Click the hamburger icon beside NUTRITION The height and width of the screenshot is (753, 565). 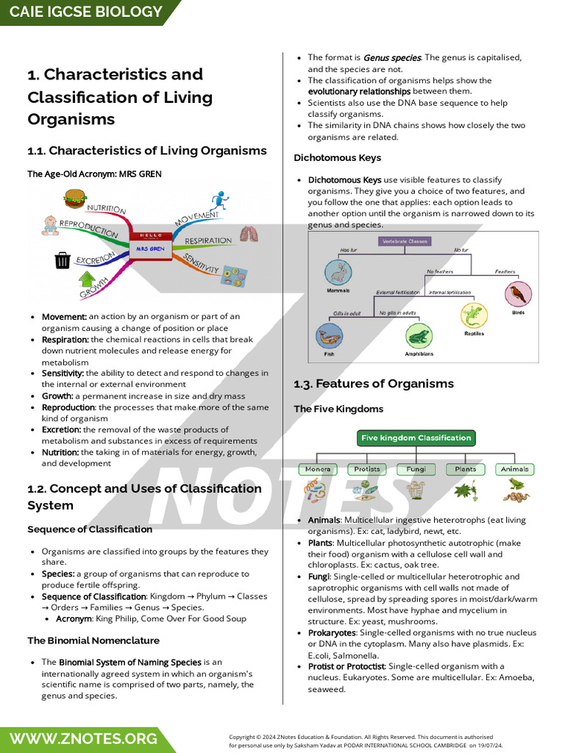[x=74, y=198]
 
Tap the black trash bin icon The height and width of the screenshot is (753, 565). [x=63, y=260]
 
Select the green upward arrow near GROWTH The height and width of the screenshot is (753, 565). [x=87, y=279]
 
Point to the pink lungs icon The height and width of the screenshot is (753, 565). [x=249, y=235]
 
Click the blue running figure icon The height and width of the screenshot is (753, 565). [x=218, y=200]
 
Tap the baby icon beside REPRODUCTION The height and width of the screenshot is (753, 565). [x=50, y=225]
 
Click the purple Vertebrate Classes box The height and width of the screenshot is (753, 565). [x=405, y=241]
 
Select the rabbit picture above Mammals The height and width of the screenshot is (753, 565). [x=338, y=274]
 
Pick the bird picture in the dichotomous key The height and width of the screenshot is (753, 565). [x=518, y=295]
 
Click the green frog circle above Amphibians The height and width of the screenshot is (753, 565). [x=419, y=336]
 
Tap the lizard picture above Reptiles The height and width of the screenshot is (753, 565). [x=474, y=315]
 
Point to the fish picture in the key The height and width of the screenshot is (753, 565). [x=329, y=337]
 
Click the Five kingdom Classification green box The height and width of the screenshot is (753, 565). [x=416, y=438]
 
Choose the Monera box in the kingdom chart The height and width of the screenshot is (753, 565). [x=318, y=469]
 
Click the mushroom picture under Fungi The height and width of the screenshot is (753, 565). [x=416, y=490]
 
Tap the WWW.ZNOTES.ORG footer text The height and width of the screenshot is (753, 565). [x=82, y=738]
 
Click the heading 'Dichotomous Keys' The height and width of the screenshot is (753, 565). [x=337, y=157]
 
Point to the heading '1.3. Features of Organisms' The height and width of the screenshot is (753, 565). [x=374, y=384]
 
